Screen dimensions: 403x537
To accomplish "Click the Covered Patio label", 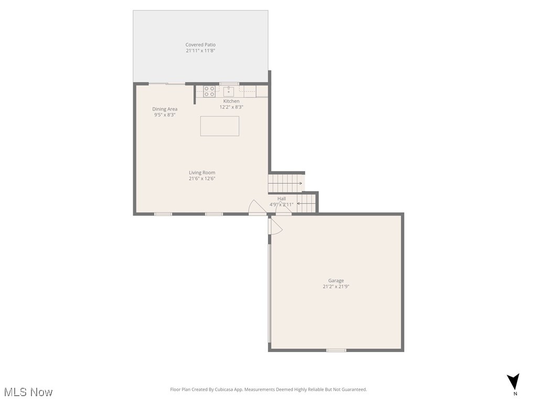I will coord(200,45).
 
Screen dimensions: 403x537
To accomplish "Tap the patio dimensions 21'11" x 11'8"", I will coord(200,51).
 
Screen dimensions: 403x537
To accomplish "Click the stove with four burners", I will coord(209,91).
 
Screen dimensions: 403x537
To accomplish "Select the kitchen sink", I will coord(229,92).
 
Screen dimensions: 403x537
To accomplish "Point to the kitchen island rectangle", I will coord(220,126).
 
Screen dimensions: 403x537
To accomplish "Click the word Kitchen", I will coord(231,101).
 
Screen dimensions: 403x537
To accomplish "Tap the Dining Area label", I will coord(165,109).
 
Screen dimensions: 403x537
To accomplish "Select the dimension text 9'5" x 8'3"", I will coord(165,115).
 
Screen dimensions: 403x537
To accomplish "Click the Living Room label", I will coord(202,173).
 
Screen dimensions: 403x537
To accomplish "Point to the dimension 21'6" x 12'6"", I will coord(202,178).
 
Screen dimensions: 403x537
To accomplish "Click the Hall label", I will coord(282,199).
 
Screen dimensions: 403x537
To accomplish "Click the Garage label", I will coord(336,281).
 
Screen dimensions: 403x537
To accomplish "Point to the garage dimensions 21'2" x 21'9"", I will coord(336,287).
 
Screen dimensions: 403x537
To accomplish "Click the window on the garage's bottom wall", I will coord(336,350).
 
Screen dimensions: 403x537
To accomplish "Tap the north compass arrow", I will coord(513,382).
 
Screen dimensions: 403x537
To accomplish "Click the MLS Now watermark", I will coord(28,392).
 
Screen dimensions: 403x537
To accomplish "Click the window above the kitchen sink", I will coord(229,84).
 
